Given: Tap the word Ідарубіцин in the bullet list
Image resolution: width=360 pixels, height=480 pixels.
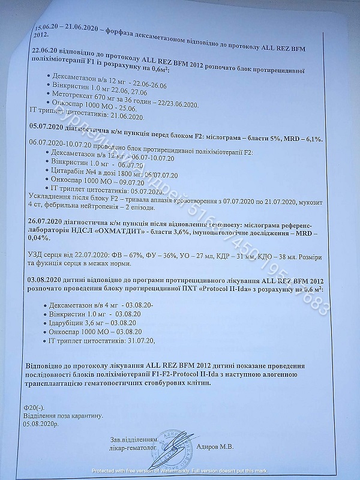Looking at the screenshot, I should (68, 322).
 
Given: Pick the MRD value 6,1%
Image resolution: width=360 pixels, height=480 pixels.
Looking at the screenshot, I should (311, 139).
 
